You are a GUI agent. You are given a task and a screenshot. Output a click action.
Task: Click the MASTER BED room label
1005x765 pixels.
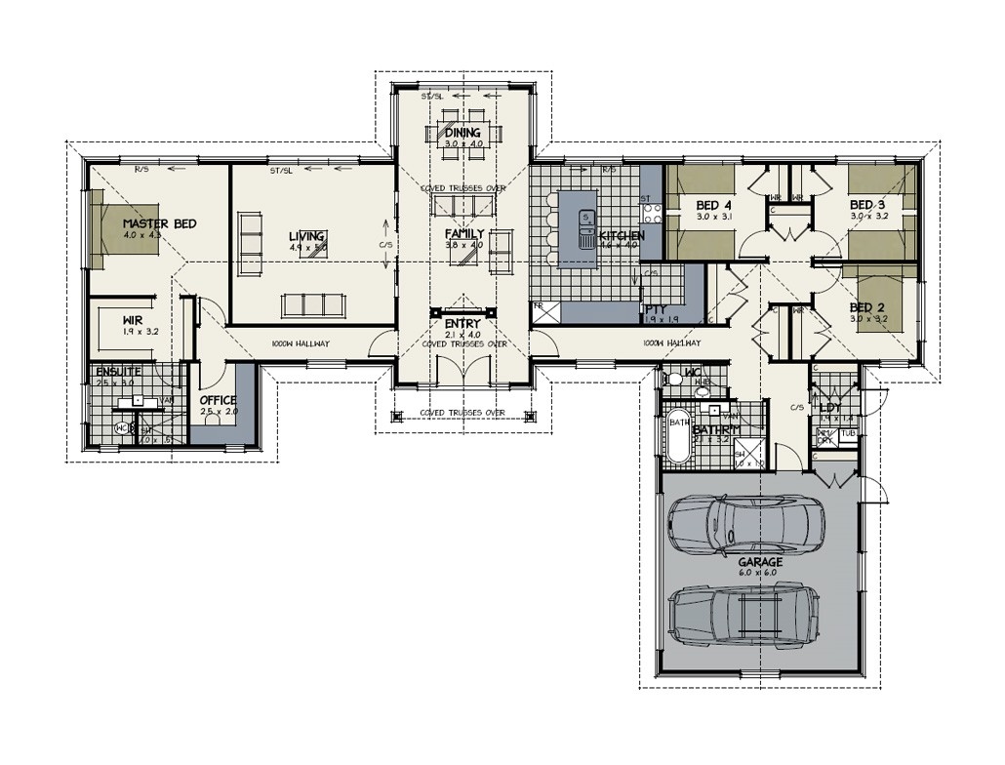pyautogui.click(x=159, y=223)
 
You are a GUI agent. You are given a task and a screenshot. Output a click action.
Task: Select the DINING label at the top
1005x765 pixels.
pyautogui.click(x=462, y=133)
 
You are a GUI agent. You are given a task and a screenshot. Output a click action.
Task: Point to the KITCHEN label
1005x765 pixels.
pyautogui.click(x=622, y=236)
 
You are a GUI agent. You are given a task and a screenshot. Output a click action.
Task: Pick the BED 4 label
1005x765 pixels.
pyautogui.click(x=714, y=205)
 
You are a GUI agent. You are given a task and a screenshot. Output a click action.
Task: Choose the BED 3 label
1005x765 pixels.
pyautogui.click(x=866, y=204)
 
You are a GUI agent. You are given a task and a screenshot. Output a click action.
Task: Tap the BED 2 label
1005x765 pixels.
pyautogui.click(x=866, y=305)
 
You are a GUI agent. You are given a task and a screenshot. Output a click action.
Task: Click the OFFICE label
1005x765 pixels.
pyautogui.click(x=219, y=400)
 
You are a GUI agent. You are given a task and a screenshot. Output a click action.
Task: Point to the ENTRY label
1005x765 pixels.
pyautogui.click(x=462, y=324)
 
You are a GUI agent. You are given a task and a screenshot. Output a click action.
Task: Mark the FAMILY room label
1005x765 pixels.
pyautogui.click(x=464, y=234)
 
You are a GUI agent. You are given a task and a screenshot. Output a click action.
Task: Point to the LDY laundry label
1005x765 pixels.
pyautogui.click(x=831, y=407)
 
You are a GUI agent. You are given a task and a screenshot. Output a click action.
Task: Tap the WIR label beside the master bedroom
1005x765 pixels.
pyautogui.click(x=134, y=319)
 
